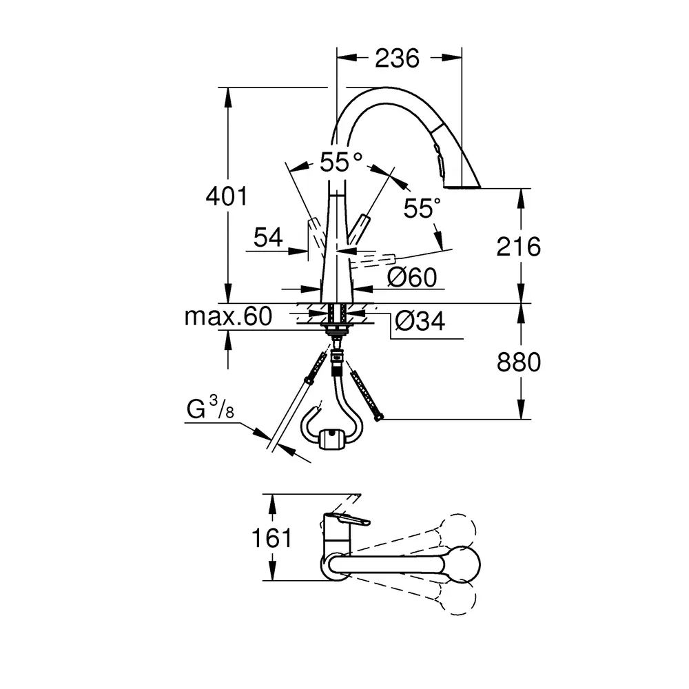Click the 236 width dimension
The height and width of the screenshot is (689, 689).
click(x=398, y=58)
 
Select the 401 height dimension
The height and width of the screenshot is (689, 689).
click(x=227, y=196)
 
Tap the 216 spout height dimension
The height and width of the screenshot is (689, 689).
click(x=519, y=247)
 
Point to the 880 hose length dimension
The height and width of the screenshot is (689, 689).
click(x=519, y=362)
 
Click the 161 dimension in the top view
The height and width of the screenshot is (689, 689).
click(x=271, y=537)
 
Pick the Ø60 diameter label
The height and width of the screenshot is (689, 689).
click(x=412, y=277)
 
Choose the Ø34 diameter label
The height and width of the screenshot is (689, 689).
click(x=420, y=321)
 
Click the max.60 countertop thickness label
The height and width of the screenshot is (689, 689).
click(x=228, y=316)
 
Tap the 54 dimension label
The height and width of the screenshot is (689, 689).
click(x=268, y=238)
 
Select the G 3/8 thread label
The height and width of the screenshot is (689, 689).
click(x=210, y=407)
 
